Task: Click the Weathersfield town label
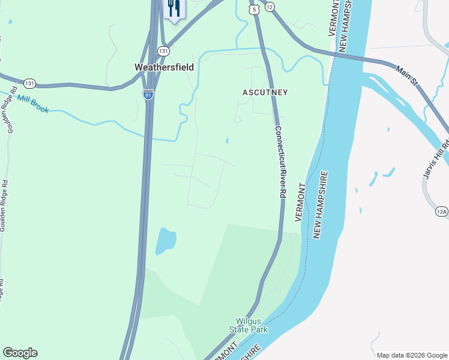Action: pos(164,67)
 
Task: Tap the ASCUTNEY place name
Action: pos(265,92)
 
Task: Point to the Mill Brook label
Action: pos(32,103)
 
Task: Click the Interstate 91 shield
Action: pos(148,94)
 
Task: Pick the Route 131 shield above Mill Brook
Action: pos(30,83)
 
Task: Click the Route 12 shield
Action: pos(270,7)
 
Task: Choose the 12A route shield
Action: pos(442,211)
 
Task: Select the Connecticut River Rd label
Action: pos(279,162)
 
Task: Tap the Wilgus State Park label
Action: pos(249,325)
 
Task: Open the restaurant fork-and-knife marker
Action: pos(174,9)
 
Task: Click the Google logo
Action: pos(20,353)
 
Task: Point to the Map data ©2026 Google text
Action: pos(411,355)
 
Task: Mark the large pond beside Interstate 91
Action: pos(166,241)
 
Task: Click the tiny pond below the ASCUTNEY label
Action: pos(227,140)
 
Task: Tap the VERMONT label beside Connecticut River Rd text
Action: pos(301,203)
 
